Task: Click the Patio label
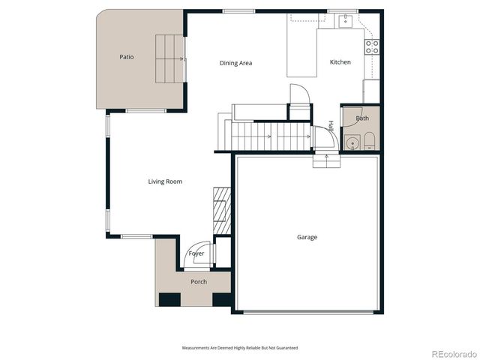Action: tap(127, 57)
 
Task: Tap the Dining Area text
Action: tap(235, 63)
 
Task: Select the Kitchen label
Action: tap(340, 62)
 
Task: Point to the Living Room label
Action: tap(164, 181)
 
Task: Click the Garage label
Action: tap(307, 237)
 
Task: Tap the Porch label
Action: tap(199, 282)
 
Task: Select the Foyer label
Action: tap(196, 253)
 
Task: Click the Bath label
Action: tap(362, 118)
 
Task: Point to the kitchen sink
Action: tap(346, 21)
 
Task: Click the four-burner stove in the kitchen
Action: tap(372, 47)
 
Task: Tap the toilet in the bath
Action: tap(369, 141)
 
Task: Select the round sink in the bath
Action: tap(352, 142)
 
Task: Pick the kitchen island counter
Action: tap(301, 52)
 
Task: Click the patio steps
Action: tap(169, 58)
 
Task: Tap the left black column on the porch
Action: tap(169, 299)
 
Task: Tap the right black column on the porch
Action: tap(222, 299)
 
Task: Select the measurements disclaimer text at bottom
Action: tap(240, 348)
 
